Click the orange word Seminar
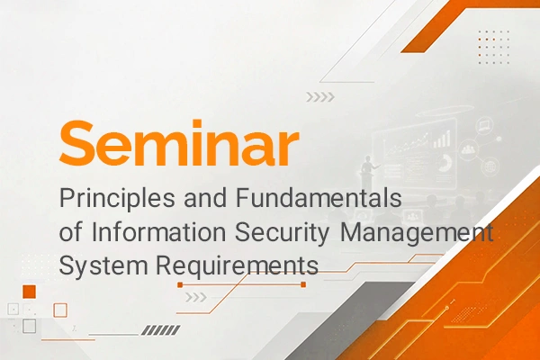tap(179, 142)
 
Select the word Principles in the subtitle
tap(117, 198)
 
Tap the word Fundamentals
tap(319, 197)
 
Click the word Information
tap(158, 232)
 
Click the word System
tap(103, 266)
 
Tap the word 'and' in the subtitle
tap(205, 197)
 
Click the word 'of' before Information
tap(71, 232)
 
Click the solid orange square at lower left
tap(30, 292)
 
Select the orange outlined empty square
tap(60, 310)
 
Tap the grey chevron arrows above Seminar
tap(320, 97)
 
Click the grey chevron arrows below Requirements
tap(196, 297)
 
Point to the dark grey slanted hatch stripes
tap(161, 330)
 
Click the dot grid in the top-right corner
tap(494, 47)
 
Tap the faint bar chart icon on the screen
tap(442, 139)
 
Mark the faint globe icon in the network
tap(490, 166)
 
